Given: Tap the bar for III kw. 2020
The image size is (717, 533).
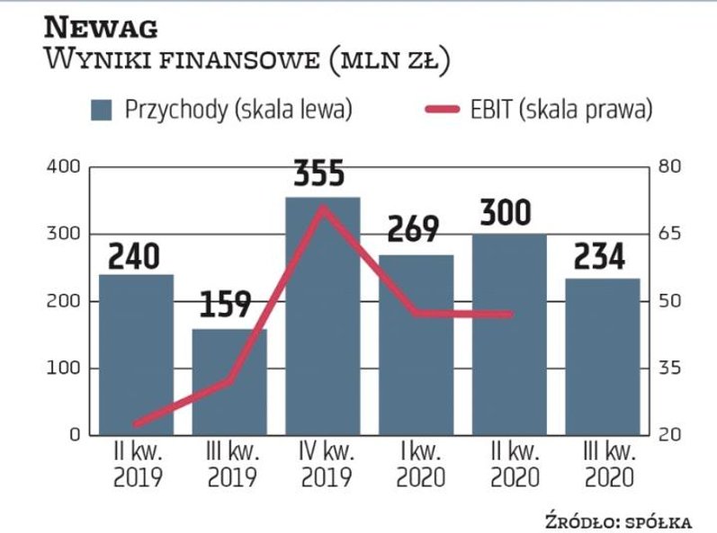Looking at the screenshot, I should pos(602,360).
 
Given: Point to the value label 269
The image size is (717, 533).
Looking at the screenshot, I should pos(415,230).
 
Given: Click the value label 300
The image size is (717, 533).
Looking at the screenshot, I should pos(506,213).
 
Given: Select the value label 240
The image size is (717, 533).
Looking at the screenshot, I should pos(136,256).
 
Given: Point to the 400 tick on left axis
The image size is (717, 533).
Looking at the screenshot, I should pos(63,167).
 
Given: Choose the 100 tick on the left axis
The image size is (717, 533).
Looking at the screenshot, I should pos(63,369).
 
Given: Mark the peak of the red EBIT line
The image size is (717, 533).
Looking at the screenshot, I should pos(322,208).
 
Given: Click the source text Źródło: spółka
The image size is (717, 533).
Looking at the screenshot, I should pos(618,520).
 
